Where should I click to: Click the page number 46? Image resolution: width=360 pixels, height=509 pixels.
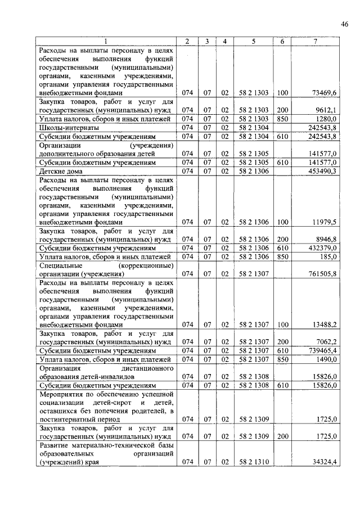(x=345, y=23)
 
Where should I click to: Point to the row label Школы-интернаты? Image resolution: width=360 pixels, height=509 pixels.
(x=61, y=128)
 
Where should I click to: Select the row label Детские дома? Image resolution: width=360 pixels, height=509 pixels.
(x=61, y=171)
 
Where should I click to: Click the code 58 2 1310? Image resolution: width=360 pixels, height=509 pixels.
(x=253, y=462)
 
